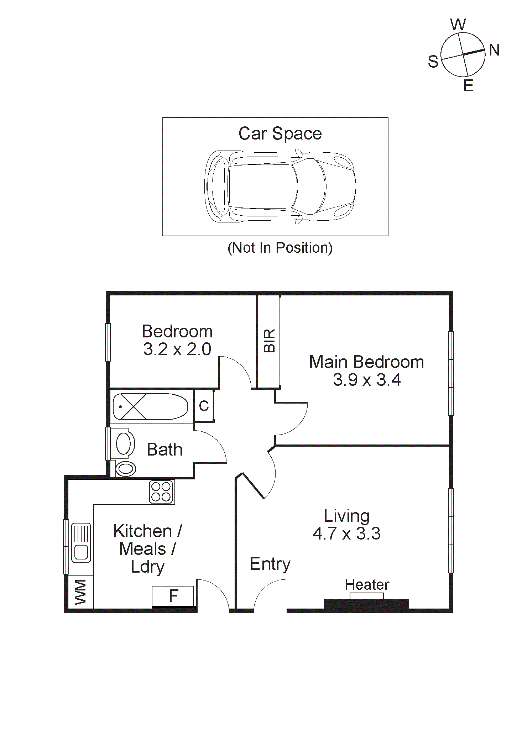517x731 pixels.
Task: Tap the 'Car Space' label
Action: click(280, 134)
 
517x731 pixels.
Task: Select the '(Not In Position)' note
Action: click(280, 248)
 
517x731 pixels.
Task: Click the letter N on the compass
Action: click(494, 50)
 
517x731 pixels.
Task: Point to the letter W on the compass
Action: click(458, 25)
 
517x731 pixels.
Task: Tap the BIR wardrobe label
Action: click(270, 341)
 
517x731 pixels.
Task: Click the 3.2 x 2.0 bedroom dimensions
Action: click(177, 349)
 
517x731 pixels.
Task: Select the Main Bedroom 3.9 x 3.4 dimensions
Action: click(367, 380)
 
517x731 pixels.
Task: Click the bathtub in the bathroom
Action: click(150, 406)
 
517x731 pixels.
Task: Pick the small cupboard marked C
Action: click(204, 406)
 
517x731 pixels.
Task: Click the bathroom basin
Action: click(123, 443)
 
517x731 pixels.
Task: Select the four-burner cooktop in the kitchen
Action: click(161, 491)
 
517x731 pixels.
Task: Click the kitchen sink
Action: click(81, 542)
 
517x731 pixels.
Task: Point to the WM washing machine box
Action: click(80, 592)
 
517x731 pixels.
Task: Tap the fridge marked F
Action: click(173, 596)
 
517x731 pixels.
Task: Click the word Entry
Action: click(270, 564)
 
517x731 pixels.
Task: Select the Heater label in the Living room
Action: click(367, 585)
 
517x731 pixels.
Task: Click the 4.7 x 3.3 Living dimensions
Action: click(346, 533)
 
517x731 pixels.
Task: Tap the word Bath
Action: click(164, 449)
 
